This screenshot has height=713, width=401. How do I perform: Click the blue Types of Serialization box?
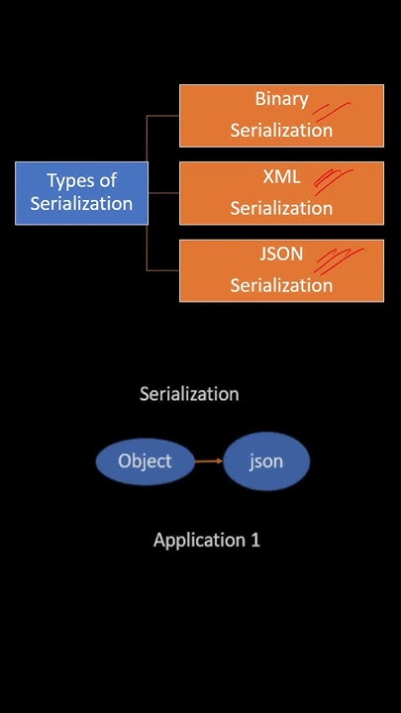[81, 192]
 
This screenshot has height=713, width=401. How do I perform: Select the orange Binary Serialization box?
[281, 115]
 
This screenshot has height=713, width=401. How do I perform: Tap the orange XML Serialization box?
[281, 193]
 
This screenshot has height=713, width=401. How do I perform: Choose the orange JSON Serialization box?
[281, 270]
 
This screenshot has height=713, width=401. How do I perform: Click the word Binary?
[281, 99]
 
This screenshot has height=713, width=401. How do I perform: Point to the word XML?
[281, 178]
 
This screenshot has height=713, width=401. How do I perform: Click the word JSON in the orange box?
[281, 255]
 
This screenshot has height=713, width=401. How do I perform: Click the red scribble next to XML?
[334, 179]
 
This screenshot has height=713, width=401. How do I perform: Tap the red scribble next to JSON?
[338, 259]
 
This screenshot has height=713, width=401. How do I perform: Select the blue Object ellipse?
[145, 461]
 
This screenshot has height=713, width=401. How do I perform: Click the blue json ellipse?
[266, 461]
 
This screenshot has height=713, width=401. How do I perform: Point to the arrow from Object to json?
[208, 460]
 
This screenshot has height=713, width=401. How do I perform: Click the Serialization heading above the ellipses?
[189, 394]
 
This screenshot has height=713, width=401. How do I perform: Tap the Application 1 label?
[206, 541]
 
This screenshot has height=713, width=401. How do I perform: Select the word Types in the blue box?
[67, 180]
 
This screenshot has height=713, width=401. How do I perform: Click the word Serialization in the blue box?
[81, 204]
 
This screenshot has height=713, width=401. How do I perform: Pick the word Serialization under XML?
[281, 209]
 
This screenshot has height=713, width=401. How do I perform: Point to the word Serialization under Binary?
[281, 131]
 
